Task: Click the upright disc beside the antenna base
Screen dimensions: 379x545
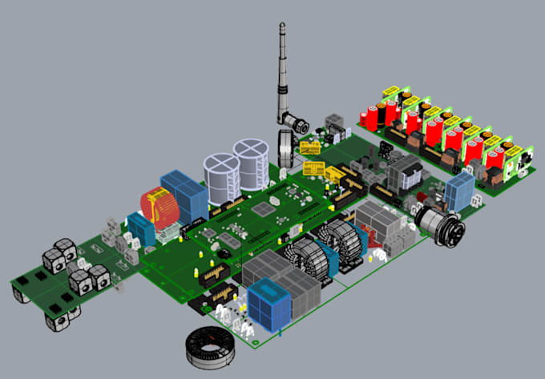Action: pos(284,148)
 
